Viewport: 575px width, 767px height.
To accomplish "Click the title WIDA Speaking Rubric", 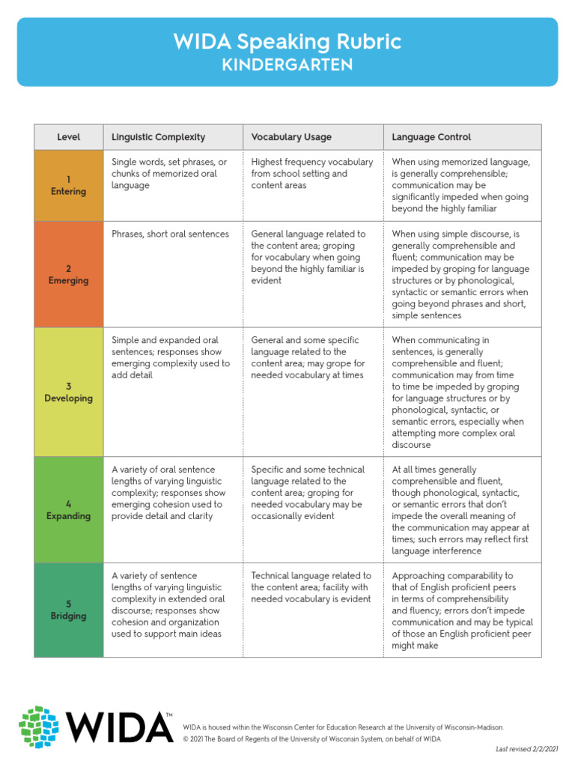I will click(287, 41).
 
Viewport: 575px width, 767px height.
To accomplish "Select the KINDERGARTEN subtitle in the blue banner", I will click(287, 65).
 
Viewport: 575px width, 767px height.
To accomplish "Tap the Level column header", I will click(69, 137).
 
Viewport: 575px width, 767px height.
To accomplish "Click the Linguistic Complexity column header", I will click(158, 137).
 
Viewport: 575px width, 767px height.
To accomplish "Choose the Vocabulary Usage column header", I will click(291, 137).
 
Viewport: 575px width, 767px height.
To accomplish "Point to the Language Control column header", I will click(431, 137).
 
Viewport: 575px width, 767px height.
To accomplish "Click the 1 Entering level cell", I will click(69, 185).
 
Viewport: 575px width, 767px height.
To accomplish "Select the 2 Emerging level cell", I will click(69, 274).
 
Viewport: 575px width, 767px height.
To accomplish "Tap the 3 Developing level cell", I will click(69, 392).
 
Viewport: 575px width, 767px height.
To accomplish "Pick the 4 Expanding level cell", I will click(69, 509).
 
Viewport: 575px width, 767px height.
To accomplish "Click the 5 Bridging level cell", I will click(69, 610).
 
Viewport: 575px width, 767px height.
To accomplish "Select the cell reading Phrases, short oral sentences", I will click(170, 234).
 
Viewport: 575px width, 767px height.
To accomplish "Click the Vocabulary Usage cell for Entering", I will click(312, 173).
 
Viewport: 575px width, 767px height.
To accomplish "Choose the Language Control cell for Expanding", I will click(461, 510).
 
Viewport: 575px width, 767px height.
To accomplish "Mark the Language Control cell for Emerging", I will click(461, 275).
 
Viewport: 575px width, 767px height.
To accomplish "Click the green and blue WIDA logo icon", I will click(39, 727).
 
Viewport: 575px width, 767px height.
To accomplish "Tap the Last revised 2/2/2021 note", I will click(527, 749).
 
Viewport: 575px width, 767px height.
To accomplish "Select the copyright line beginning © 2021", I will click(311, 739).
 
